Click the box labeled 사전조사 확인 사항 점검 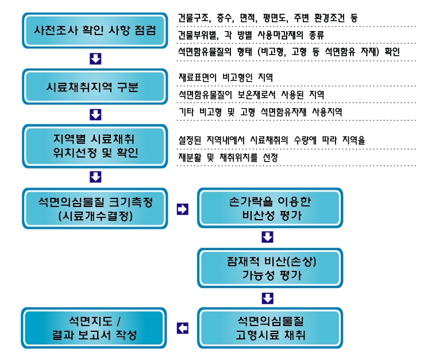click(x=95, y=30)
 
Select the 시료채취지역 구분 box click(x=95, y=87)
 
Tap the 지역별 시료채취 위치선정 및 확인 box click(x=95, y=146)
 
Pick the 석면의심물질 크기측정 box click(x=95, y=208)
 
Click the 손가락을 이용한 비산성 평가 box click(x=270, y=208)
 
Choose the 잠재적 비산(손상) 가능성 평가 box click(x=270, y=268)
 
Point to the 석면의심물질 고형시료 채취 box click(x=270, y=328)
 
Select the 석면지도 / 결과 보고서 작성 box click(x=94, y=328)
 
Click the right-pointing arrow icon click(x=183, y=209)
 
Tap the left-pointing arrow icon click(x=183, y=328)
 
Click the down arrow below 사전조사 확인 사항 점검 click(x=95, y=59)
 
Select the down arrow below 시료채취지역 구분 click(x=95, y=114)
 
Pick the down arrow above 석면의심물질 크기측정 click(x=95, y=177)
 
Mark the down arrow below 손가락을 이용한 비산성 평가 click(x=267, y=237)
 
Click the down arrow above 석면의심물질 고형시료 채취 click(x=267, y=298)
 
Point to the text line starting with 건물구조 click(x=268, y=18)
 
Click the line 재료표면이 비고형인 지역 click(x=226, y=77)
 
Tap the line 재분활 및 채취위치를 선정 click(x=228, y=158)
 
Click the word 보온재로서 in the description click(x=256, y=95)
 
